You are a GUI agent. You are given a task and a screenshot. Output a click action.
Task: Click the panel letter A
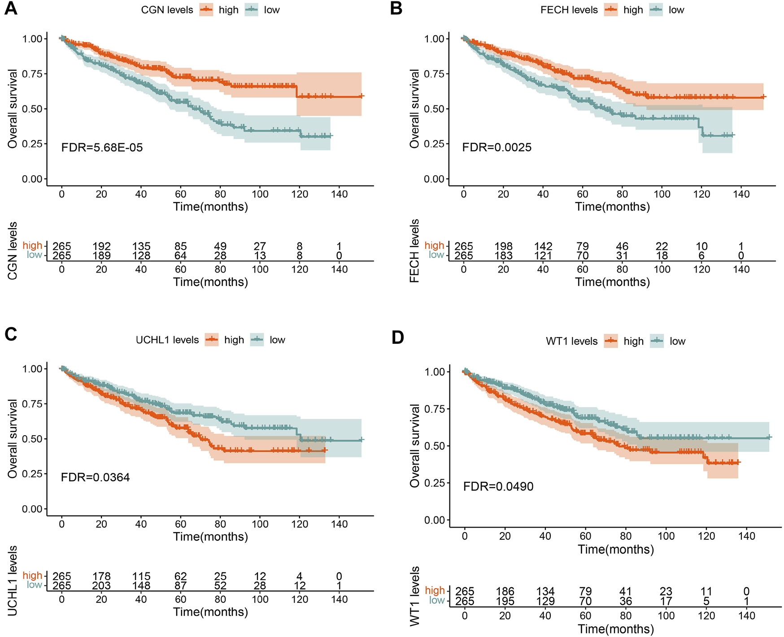(10, 9)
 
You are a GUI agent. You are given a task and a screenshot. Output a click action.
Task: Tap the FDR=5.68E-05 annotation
(102, 147)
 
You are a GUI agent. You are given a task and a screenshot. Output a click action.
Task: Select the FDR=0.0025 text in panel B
(497, 147)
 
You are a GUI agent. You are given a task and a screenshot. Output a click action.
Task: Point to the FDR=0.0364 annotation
(95, 477)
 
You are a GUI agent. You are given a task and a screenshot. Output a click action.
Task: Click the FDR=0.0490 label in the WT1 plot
(498, 487)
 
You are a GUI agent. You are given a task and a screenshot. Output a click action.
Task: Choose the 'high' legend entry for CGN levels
(228, 10)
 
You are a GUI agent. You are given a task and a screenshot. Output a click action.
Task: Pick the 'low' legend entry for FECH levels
(676, 10)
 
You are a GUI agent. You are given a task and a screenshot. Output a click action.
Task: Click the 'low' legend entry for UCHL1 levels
(277, 340)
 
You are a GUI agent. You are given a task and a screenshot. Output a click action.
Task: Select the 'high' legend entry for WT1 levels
(633, 342)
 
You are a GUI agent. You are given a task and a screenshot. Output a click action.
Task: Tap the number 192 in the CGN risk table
(101, 246)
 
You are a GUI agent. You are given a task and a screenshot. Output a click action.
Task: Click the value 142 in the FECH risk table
(543, 246)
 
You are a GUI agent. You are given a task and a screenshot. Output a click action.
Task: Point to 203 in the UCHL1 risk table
(101, 585)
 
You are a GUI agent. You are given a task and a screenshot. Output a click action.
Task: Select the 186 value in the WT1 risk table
(505, 592)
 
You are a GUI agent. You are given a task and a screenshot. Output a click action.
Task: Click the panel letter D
(397, 338)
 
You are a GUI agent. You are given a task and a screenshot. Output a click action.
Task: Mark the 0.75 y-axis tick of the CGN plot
(32, 74)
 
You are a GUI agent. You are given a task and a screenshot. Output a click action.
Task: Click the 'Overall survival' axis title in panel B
(414, 108)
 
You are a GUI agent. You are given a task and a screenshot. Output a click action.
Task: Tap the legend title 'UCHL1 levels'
(167, 340)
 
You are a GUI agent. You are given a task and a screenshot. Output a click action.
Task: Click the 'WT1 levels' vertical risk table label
(415, 596)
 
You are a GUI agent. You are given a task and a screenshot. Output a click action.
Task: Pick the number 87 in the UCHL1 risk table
(180, 585)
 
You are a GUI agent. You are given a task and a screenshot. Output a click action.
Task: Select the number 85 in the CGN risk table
(180, 246)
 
